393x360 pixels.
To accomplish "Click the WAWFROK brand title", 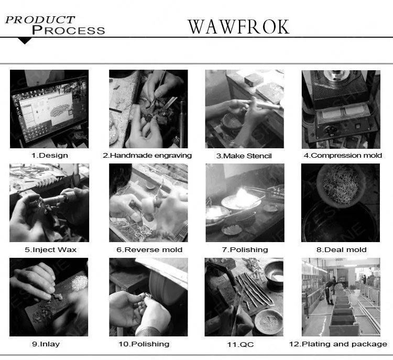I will [238, 26].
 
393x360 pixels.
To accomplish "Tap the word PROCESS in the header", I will [68, 30].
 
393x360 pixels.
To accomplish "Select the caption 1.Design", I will [49, 155].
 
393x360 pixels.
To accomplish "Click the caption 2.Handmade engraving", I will [147, 155].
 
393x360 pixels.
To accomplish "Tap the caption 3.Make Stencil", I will [244, 156].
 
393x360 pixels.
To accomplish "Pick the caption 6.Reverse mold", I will [149, 249].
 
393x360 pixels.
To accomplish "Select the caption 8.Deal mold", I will [341, 249].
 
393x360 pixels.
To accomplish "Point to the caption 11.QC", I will [244, 344].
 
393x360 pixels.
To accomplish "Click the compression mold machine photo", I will [341, 109].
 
